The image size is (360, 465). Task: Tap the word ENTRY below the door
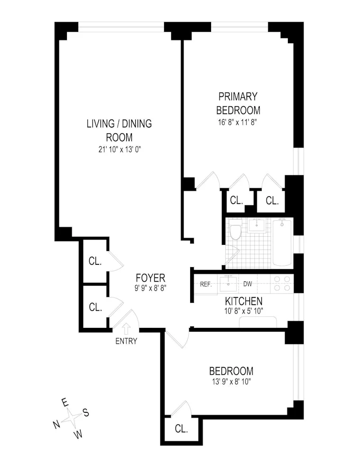tap(126, 341)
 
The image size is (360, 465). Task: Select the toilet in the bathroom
tap(235, 232)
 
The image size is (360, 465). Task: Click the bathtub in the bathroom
tap(283, 242)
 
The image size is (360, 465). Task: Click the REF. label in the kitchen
tap(205, 284)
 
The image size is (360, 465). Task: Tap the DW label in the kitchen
tap(248, 284)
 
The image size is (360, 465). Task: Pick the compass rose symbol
tap(72, 418)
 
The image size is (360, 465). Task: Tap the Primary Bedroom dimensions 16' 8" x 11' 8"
tap(238, 122)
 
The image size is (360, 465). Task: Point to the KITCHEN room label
tap(243, 301)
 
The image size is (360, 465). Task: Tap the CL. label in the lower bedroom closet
tap(181, 429)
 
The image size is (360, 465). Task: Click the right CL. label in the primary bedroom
tap(272, 201)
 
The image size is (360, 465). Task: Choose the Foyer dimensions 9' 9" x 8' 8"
tap(150, 288)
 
